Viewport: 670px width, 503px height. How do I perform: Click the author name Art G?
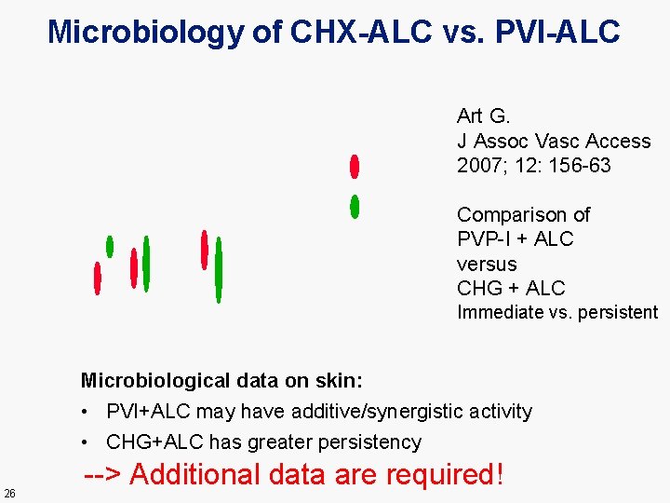[483, 116]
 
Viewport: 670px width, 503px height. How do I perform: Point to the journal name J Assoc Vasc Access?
[554, 142]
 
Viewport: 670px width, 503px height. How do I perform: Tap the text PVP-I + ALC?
[515, 239]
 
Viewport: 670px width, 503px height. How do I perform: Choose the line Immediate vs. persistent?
[556, 313]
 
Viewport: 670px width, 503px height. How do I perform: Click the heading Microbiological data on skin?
[221, 380]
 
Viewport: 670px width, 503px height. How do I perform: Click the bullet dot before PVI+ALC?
[85, 412]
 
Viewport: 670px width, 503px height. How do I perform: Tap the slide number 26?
[9, 493]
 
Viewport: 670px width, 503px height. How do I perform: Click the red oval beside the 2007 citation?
[354, 167]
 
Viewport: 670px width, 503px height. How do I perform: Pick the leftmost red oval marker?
[97, 278]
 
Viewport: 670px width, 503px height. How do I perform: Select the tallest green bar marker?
[219, 270]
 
